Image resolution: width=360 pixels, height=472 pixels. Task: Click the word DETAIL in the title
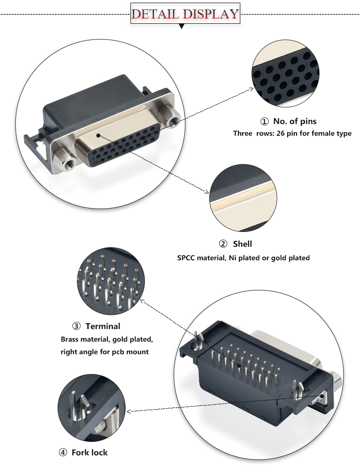(x=156, y=14)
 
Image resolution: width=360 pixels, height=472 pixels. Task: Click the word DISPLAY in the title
(x=210, y=14)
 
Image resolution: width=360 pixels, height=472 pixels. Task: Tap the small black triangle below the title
(x=182, y=27)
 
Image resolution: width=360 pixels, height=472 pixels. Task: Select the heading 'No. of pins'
(x=295, y=121)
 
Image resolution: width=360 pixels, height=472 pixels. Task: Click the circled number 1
(x=265, y=121)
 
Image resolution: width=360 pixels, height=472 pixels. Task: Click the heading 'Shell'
(x=242, y=244)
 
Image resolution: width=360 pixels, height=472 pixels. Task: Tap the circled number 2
(x=223, y=244)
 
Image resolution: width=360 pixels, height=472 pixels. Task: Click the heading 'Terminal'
(x=103, y=326)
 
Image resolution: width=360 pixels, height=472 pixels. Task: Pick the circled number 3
(x=76, y=326)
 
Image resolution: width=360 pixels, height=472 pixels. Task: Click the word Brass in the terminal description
(x=70, y=339)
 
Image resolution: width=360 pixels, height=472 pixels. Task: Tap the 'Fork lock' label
(x=90, y=452)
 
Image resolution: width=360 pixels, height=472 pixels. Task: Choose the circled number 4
(x=63, y=452)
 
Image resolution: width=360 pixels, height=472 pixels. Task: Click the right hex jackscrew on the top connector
(x=171, y=116)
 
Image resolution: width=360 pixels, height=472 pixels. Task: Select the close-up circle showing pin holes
(x=284, y=74)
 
